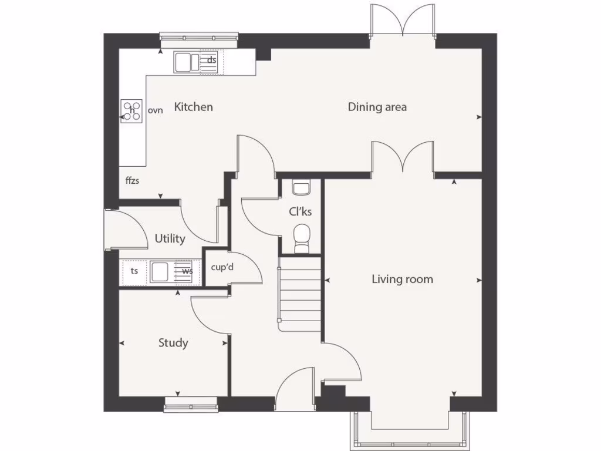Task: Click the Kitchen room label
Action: pos(193,107)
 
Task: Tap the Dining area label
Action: pos(377,107)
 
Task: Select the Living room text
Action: pos(402,279)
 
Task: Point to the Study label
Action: pos(173,342)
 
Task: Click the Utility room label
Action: pos(170,238)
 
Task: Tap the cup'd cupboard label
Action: pos(222,267)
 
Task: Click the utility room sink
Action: pos(160,272)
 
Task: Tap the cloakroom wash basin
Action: pos(301,189)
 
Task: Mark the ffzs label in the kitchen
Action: pos(132,180)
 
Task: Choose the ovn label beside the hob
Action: pos(155,110)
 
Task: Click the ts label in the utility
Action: pos(134,271)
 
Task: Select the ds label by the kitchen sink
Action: pos(212,60)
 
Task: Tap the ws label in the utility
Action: pos(187,271)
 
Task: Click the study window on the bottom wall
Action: pos(190,402)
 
